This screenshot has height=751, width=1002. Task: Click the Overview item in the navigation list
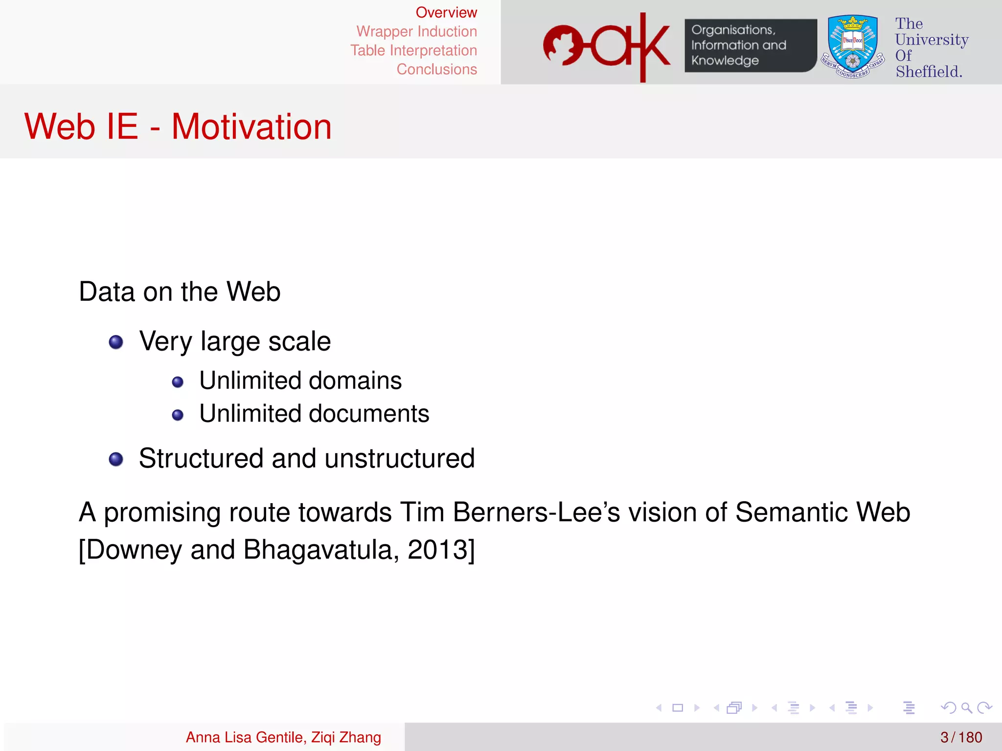pyautogui.click(x=446, y=13)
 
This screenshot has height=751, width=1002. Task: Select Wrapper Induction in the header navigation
pyautogui.click(x=416, y=32)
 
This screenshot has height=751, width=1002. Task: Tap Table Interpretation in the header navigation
pyautogui.click(x=413, y=50)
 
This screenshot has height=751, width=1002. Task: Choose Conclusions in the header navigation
pyautogui.click(x=436, y=69)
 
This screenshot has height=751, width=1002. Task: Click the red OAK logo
pyautogui.click(x=607, y=46)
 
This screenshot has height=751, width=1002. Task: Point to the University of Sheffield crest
pyautogui.click(x=852, y=46)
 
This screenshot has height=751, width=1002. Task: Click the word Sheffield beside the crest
pyautogui.click(x=928, y=71)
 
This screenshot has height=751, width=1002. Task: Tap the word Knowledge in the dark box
pyautogui.click(x=725, y=61)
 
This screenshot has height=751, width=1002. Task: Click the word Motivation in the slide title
pyautogui.click(x=251, y=127)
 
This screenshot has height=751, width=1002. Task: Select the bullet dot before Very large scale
pyautogui.click(x=116, y=342)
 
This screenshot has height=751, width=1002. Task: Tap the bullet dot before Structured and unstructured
pyautogui.click(x=116, y=459)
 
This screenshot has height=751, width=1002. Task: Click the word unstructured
pyautogui.click(x=399, y=459)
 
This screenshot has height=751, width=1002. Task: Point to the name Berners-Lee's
pyautogui.click(x=536, y=512)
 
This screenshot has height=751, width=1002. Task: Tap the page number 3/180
pyautogui.click(x=961, y=737)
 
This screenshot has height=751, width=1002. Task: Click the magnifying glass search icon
pyautogui.click(x=966, y=707)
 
